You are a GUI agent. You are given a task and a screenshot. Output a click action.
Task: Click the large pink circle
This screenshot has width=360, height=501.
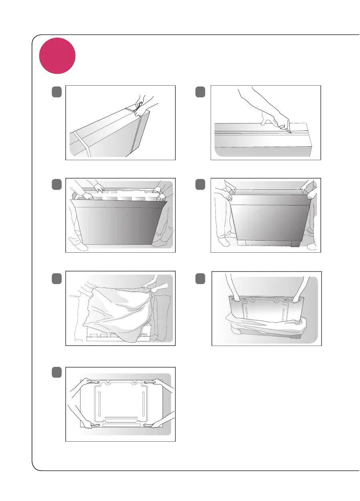pyautogui.click(x=57, y=56)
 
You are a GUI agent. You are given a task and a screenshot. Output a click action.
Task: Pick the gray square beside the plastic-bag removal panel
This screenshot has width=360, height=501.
pyautogui.click(x=56, y=278)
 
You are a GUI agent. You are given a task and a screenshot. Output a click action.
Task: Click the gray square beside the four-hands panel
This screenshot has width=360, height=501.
pyautogui.click(x=56, y=372)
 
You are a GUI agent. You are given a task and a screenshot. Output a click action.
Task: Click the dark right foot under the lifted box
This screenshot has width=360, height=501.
pyautogui.click(x=296, y=244)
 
